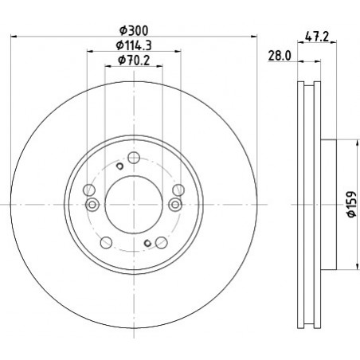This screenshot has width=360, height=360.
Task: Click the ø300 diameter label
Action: [134, 30]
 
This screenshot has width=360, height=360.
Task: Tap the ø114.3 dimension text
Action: [134, 45]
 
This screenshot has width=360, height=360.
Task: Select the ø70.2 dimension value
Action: [134, 61]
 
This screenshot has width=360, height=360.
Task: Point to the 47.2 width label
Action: [317, 37]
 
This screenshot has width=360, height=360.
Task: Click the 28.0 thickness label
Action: [280, 56]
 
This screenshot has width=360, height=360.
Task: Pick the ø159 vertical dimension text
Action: [352, 204]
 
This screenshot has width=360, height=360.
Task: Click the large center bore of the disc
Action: [134, 205]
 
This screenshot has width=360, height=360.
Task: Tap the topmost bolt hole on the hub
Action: [134, 158]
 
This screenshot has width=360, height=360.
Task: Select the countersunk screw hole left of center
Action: [92, 205]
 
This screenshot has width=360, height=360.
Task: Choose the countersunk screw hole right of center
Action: [175, 205]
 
